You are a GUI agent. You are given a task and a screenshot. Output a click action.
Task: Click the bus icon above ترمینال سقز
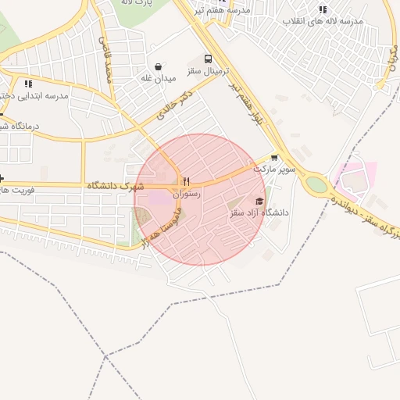click(x=208, y=59)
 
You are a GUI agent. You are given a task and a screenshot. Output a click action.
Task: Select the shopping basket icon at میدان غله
click(x=159, y=66)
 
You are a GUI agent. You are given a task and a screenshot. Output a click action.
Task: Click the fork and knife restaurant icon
click(x=186, y=181)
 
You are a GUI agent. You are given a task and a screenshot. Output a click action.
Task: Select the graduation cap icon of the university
click(x=259, y=201)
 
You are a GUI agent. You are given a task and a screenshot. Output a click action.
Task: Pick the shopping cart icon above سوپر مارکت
click(x=273, y=157)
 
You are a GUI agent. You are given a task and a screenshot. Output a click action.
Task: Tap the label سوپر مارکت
click(x=270, y=169)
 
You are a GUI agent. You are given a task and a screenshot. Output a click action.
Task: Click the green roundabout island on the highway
click(x=316, y=184)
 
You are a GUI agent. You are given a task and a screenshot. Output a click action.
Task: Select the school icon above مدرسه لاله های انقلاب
click(x=323, y=9)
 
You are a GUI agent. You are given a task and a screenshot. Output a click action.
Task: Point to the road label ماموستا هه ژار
click(x=162, y=227)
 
